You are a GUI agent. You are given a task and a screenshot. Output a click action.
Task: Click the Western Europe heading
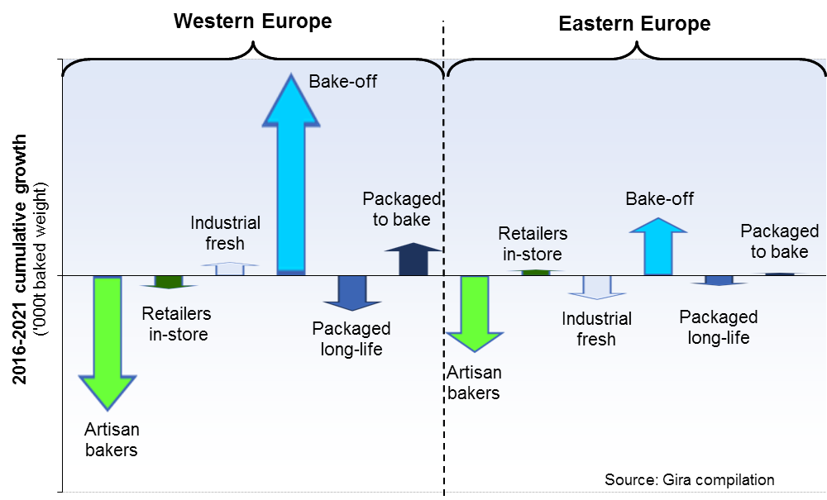tap(252, 21)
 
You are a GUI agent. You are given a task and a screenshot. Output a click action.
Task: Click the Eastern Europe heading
tap(634, 23)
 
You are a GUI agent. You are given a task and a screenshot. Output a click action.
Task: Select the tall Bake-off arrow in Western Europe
tap(290, 182)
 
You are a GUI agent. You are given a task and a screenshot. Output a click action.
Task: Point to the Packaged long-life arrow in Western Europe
tap(351, 292)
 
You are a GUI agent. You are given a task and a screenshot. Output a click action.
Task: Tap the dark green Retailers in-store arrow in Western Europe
tap(168, 282)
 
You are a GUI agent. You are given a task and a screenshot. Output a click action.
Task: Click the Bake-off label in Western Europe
tap(342, 81)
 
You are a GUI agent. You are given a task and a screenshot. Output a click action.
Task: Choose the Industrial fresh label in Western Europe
tap(225, 233)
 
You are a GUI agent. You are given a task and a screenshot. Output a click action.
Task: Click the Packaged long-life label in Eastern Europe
tap(718, 327)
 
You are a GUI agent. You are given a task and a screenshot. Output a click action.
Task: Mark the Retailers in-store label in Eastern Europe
tap(533, 245)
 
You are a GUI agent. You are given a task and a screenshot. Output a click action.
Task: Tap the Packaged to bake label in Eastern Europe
tap(779, 241)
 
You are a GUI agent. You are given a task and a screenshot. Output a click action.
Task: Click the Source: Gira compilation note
tap(689, 480)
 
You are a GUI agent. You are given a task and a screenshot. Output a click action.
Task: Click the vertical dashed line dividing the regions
tap(444, 372)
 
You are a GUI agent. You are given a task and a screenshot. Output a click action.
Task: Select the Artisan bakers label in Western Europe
tap(111, 440)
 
